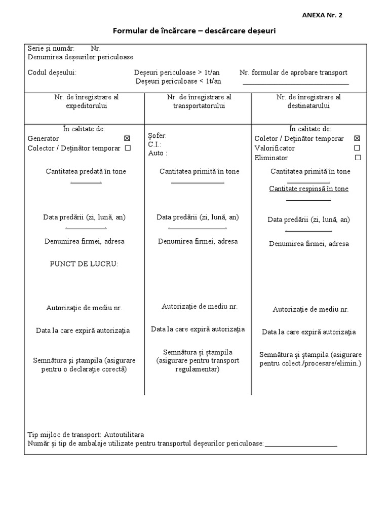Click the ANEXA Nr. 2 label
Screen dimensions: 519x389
pos(322,15)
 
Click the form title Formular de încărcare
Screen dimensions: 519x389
pos(194,31)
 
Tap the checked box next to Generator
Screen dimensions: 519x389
pos(127,138)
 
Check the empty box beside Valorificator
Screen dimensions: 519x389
pos(357,148)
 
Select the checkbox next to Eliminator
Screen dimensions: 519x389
pos(358,158)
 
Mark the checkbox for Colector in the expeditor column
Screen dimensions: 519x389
pos(128,148)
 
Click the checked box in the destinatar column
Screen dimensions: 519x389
pos(357,138)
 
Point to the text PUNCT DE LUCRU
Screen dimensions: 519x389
pos(84,264)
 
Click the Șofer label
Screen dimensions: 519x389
pos(157,135)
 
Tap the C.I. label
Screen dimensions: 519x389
pos(154,144)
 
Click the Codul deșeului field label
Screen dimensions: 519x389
pos(52,72)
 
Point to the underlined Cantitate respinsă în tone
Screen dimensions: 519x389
pos(308,189)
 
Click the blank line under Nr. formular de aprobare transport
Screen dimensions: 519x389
pos(296,84)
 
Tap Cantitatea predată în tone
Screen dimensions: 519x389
pos(86,171)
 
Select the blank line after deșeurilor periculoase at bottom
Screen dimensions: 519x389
pos(301,446)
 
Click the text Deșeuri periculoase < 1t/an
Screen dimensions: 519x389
pos(178,81)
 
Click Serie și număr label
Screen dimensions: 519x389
pos(51,49)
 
